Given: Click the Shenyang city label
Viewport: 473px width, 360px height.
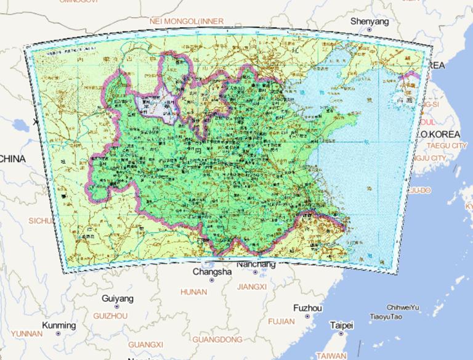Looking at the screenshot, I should [x=370, y=22].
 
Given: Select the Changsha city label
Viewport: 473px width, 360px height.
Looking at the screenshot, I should [x=212, y=271].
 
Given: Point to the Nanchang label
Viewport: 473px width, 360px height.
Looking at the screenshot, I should [x=256, y=264].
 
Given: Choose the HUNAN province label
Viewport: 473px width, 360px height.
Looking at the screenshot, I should [x=193, y=291].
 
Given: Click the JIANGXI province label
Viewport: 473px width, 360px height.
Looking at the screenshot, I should [x=251, y=287].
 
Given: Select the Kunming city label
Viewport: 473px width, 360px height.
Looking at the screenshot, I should [x=59, y=325].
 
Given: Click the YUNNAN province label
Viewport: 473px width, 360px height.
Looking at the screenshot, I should [x=26, y=333].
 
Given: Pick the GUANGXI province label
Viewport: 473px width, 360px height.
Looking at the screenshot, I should [x=145, y=344].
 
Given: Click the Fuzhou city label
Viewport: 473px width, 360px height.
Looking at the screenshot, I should [x=307, y=308].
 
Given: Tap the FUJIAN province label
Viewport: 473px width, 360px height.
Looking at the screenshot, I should [x=281, y=321].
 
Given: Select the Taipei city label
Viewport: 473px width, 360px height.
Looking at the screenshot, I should [x=341, y=325].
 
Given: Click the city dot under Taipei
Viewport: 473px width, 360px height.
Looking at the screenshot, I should [x=341, y=333].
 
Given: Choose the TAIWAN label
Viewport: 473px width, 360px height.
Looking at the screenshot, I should [x=331, y=355].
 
